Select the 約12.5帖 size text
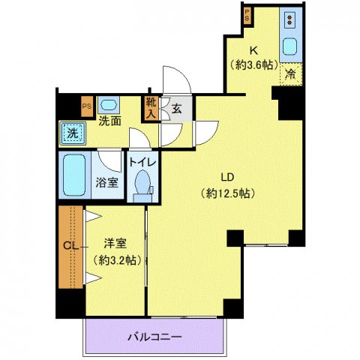[229, 193]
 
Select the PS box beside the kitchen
[246, 15]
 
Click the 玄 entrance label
[177, 109]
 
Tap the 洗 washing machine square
[73, 133]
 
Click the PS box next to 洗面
[87, 106]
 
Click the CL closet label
[68, 246]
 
